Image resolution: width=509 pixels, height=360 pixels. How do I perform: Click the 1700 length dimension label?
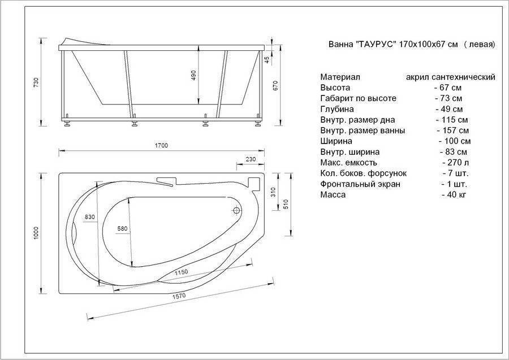click(x=161, y=145)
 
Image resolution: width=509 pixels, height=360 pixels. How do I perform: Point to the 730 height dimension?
click(x=36, y=83)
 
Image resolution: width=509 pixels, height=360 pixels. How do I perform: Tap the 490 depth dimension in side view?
click(x=194, y=75)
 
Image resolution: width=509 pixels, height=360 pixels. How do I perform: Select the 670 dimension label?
click(x=275, y=85)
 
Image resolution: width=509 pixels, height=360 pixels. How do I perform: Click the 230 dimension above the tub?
click(x=251, y=159)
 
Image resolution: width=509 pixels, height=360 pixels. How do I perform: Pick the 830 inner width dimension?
click(x=89, y=217)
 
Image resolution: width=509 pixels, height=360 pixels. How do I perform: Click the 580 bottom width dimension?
click(x=122, y=229)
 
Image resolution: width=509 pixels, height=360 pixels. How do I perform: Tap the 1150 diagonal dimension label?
click(x=181, y=272)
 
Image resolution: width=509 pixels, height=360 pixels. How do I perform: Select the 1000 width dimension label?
click(x=36, y=233)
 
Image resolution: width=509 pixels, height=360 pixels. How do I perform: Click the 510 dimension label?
click(x=286, y=203)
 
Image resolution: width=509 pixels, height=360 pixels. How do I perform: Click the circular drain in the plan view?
click(x=236, y=210)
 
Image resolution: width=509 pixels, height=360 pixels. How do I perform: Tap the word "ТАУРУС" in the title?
click(x=376, y=44)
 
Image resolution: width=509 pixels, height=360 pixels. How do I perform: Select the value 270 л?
click(x=456, y=163)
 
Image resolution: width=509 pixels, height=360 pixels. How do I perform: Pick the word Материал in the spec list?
click(x=340, y=77)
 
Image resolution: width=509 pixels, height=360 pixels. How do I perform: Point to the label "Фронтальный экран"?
click(x=360, y=184)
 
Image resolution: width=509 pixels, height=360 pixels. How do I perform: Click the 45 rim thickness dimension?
click(x=267, y=60)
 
